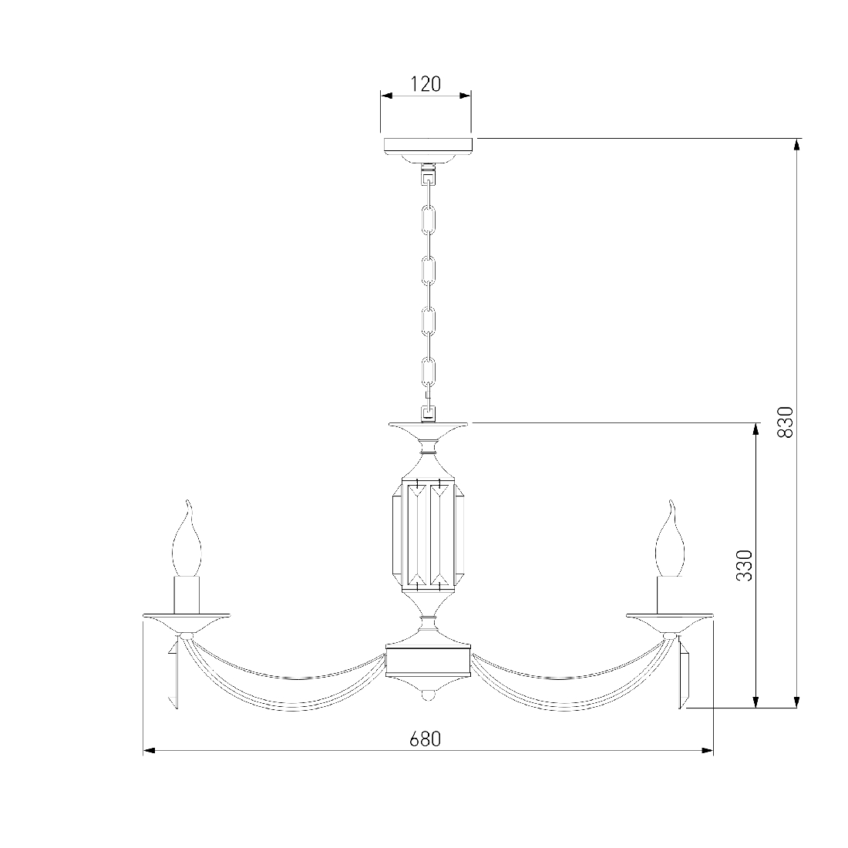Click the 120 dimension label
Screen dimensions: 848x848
[426, 84]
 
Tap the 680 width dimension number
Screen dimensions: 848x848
[425, 739]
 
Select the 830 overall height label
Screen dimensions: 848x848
[786, 422]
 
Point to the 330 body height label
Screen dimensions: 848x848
[745, 565]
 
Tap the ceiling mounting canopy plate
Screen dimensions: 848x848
[429, 150]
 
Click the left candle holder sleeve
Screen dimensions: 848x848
[187, 595]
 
